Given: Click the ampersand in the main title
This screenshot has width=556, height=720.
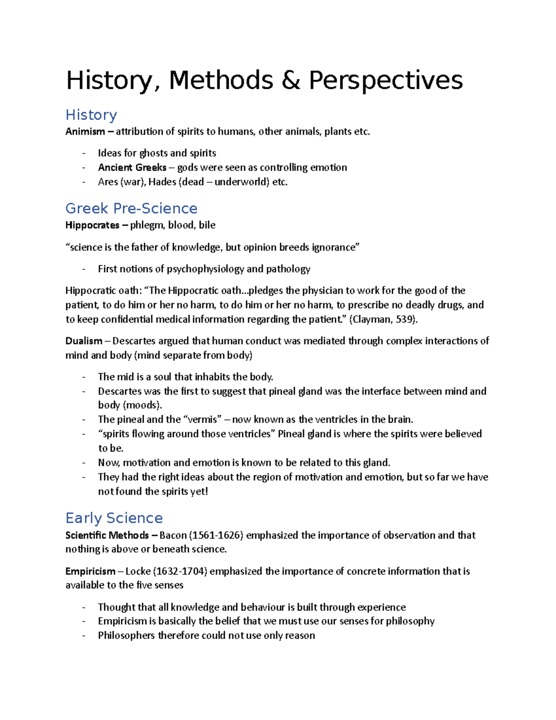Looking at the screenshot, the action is coord(291,80).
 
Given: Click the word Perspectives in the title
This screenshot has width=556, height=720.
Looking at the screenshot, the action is coord(385,80).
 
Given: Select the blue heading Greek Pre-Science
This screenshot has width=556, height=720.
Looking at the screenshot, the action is coord(131,208).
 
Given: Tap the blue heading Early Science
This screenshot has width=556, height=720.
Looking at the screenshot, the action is coord(114,518).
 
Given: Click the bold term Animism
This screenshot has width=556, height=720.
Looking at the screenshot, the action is coord(85,132).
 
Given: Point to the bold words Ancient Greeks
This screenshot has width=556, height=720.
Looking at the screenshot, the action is coord(132,167).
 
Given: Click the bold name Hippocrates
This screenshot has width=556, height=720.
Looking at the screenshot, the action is coord(92,225).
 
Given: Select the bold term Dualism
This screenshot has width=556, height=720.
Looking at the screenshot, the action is coord(84,341).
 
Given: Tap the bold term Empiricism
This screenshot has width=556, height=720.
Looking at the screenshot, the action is coord(90,571).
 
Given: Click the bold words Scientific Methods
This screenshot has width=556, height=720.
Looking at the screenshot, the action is coord(107,535).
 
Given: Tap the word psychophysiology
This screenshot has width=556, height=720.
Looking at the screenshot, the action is coord(205,269).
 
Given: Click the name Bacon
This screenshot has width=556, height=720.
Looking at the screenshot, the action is coord(173,535).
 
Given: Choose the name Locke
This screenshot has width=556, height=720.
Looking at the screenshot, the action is coord(138,571).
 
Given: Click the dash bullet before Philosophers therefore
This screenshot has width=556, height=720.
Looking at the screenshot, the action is coord(84,636).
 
